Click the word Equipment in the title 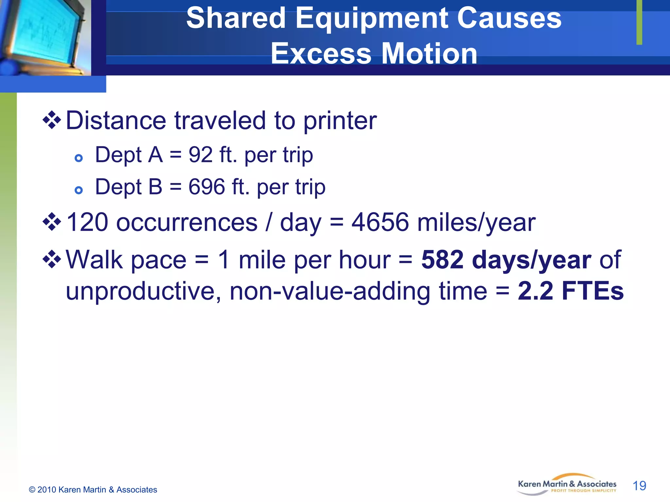[371, 19]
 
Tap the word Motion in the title [429, 54]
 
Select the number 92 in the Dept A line [200, 155]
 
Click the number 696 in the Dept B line [207, 187]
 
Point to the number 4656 [380, 222]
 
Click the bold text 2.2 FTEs [571, 291]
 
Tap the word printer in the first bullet [340, 121]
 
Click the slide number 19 [639, 486]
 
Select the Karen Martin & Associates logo [567, 486]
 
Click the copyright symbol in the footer [32, 490]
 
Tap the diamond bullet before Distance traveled [52, 120]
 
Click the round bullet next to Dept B [79, 190]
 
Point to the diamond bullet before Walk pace [52, 259]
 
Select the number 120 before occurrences [87, 222]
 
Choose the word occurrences [187, 223]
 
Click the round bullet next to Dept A [79, 159]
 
